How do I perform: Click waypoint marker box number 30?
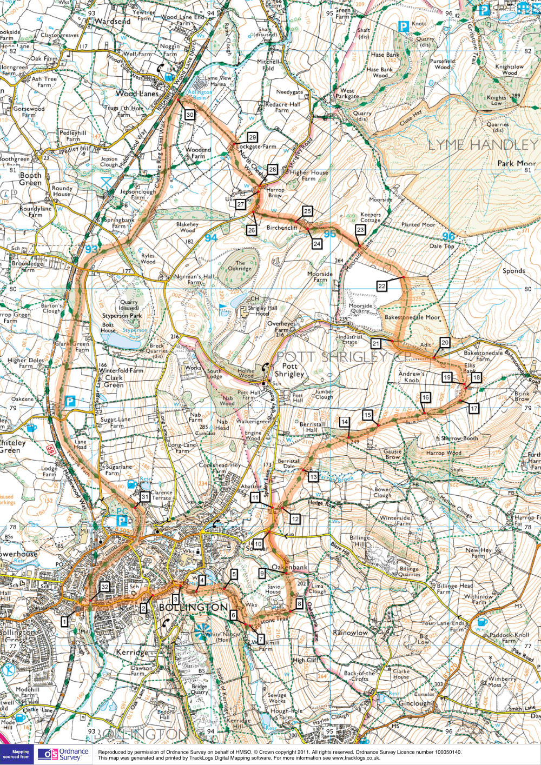pos(189,115)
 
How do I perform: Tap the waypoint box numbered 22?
pos(382,286)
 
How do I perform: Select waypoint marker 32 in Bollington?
pos(104,587)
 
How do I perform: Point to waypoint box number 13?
pos(313,477)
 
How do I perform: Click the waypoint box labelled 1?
pos(64,622)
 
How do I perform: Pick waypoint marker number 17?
pos(474,408)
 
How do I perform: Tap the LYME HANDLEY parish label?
pos(483,145)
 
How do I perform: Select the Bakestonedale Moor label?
pos(412,317)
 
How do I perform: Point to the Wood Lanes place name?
pos(137,94)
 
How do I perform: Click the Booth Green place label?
pos(30,179)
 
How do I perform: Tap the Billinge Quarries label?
pos(409,571)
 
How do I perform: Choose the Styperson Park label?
pos(122,316)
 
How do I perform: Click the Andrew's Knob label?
pos(411,377)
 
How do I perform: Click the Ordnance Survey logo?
pos(63,754)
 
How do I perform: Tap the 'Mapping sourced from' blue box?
pos(17,754)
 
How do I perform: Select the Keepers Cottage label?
pos(371,217)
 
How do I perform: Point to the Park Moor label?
pos(516,163)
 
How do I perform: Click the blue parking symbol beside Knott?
pos(403,26)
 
